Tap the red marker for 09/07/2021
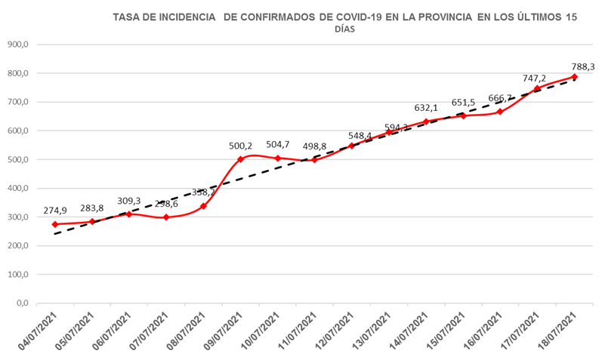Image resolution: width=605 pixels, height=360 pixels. pos(241,159)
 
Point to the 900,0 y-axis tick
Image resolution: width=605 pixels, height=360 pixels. pos(17,45)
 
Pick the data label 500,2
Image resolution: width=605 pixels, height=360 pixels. pos(241,146)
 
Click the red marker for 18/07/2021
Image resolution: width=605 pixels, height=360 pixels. pos(575,77)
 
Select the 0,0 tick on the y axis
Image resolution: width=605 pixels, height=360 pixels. pos(22,303)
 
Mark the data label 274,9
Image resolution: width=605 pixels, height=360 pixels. pos(56,211)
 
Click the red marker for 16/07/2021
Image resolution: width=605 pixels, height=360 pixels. pos(500,112)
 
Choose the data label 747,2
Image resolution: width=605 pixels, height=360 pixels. pos(535,78)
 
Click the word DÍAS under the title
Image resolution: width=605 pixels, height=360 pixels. pos(344,29)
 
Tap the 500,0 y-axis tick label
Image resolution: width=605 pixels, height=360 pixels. pos(17,159)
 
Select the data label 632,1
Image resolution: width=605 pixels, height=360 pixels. pos(426,108)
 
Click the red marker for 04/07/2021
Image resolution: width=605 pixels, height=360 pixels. pos(55,224)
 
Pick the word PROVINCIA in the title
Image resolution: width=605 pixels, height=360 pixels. pos(442,16)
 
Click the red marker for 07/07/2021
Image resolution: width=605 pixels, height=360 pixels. pos(166,217)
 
